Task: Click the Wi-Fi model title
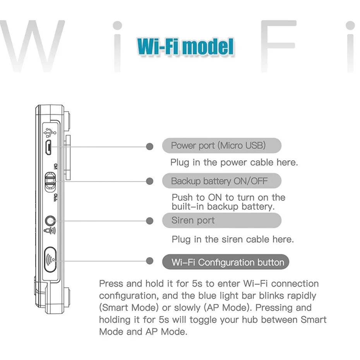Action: tap(185, 46)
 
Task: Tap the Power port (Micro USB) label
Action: tap(219, 146)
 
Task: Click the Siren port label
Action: tap(193, 221)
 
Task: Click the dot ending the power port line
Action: tap(150, 146)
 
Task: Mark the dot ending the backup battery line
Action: tap(150, 181)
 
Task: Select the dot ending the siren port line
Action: tap(150, 221)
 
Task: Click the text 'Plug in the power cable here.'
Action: tap(234, 162)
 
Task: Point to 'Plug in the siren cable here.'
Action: tap(233, 239)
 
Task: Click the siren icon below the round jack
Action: tap(50, 231)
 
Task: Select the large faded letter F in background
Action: tap(279, 46)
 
